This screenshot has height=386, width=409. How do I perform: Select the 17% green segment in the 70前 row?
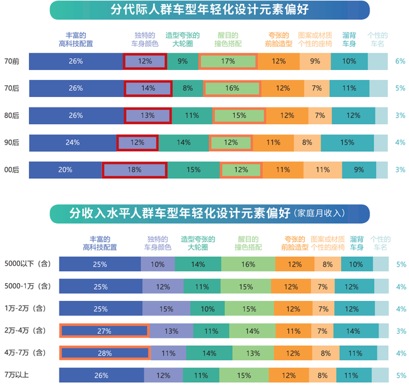228,61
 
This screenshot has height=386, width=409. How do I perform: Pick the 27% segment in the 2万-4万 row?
104,331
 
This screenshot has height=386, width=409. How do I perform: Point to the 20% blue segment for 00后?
65,170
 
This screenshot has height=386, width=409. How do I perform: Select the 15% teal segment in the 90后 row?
347,143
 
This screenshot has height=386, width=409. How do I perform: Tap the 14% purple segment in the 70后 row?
148,88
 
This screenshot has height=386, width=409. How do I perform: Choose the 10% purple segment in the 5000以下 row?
158,264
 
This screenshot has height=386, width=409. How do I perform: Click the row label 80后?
11,115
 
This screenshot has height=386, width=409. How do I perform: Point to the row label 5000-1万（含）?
27,286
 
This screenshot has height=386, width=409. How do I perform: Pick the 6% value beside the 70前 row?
400,61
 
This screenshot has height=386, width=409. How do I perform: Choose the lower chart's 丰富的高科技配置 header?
100,243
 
